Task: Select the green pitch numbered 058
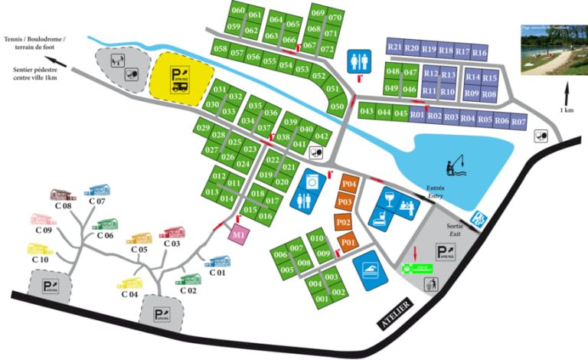click(x=221, y=50)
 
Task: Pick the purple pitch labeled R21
click(x=395, y=47)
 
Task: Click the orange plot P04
click(x=348, y=184)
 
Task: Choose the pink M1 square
click(x=240, y=234)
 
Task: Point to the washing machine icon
click(x=312, y=182)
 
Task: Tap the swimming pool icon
click(x=367, y=267)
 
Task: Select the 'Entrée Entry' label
click(x=436, y=192)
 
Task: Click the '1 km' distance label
click(x=567, y=110)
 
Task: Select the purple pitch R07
click(x=519, y=121)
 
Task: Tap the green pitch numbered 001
click(x=322, y=300)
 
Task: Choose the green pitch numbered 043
click(x=367, y=112)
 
